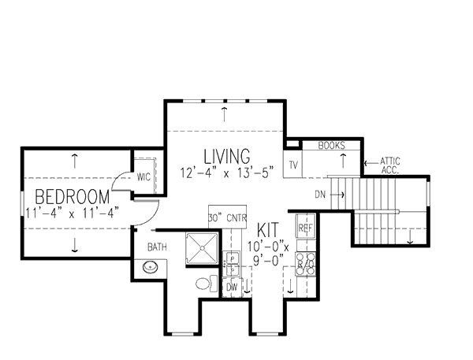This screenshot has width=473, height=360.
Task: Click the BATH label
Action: coord(156,247)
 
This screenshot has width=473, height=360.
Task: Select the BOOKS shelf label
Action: coord(332,146)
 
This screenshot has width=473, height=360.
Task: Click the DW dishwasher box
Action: coord(232,288)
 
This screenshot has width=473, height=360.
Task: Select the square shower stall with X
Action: coord(202,249)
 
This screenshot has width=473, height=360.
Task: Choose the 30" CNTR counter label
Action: coord(228,217)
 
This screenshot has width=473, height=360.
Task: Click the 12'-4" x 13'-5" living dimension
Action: coord(226,172)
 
